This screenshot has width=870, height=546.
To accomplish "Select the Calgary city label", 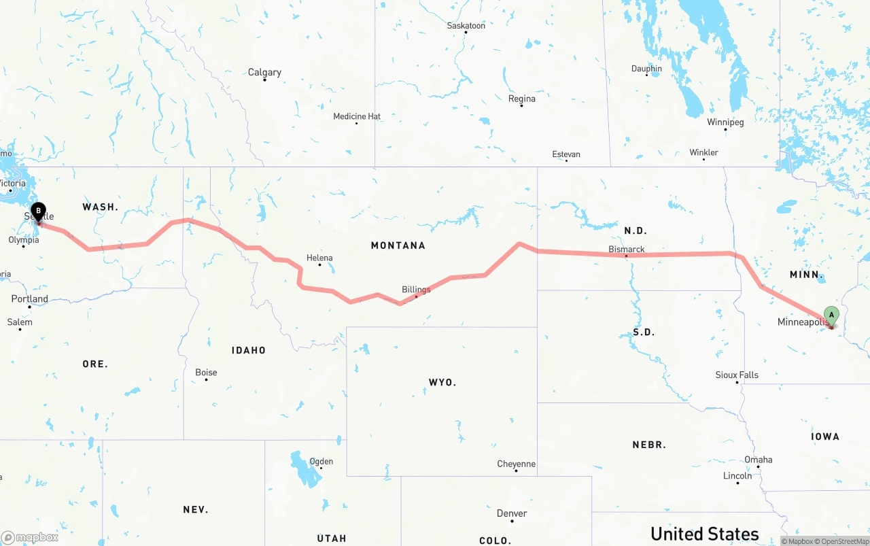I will tap(264, 72).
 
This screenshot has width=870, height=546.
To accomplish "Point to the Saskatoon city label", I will tap(466, 26).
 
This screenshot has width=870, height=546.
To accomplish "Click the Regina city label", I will tap(522, 99).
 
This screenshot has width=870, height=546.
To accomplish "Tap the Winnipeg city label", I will tap(725, 122).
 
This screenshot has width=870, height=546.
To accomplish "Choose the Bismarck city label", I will tap(627, 250).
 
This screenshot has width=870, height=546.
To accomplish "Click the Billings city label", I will tap(416, 290).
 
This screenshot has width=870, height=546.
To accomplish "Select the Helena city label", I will tap(319, 258).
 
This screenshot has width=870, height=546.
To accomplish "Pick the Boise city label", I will tap(206, 373).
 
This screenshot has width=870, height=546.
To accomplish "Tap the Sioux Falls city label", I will tap(737, 375).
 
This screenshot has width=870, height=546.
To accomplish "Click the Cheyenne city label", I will tap(517, 464).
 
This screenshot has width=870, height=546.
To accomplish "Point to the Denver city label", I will tap(512, 513).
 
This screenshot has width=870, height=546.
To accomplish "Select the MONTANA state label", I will tap(398, 245).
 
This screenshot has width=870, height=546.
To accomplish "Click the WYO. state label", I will tap(442, 383).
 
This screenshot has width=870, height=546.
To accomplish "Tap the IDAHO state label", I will tap(249, 350).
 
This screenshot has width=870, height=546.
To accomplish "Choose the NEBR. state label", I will tap(649, 445).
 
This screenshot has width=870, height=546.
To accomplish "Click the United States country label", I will tap(705, 534).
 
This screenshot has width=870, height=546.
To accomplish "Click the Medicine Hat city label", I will tap(357, 117).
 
